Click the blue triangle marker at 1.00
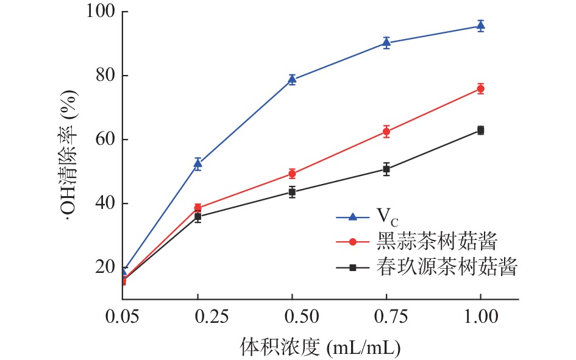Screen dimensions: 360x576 [x=480, y=26]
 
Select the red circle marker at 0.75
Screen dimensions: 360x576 [x=386, y=131]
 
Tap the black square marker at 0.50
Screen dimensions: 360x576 [x=292, y=192]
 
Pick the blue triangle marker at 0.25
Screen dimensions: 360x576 [x=197, y=163]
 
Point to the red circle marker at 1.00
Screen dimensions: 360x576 [x=480, y=89]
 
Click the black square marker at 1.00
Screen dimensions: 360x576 [x=480, y=130]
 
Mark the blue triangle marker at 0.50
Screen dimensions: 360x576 [x=292, y=79]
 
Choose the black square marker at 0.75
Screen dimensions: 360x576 [x=386, y=169]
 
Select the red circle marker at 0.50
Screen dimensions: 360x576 [x=292, y=174]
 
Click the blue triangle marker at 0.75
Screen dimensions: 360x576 [x=386, y=43]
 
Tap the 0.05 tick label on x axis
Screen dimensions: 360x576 [x=122, y=317]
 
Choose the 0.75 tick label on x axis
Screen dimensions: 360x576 [x=386, y=317]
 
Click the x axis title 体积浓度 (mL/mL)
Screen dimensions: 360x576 [x=319, y=347]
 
